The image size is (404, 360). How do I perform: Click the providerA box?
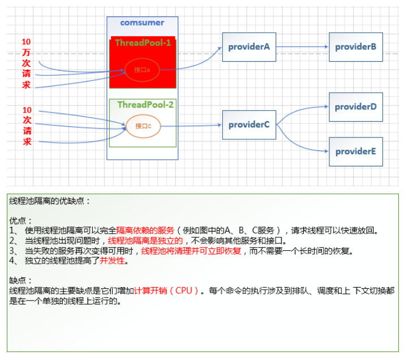(x=248, y=47)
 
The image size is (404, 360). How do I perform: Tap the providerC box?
(x=248, y=125)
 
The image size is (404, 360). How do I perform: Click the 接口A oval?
(x=142, y=70)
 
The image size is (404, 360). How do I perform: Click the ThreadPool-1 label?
(x=143, y=43)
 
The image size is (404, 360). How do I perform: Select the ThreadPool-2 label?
(x=145, y=105)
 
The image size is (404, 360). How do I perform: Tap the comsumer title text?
(x=142, y=23)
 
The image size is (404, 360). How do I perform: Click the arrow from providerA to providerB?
(x=302, y=47)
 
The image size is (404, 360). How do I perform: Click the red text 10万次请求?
(x=26, y=63)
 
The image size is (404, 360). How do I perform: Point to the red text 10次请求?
(x=27, y=126)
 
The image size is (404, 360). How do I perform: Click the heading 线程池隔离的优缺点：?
(x=50, y=201)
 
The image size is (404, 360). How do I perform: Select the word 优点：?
(x=21, y=220)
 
